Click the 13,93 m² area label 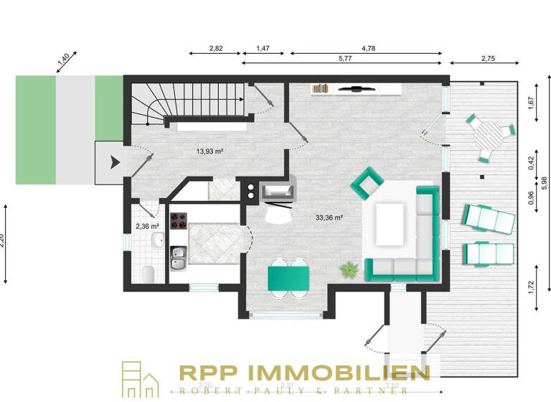click(x=210, y=151)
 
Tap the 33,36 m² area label click(x=329, y=217)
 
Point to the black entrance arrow click(x=113, y=162)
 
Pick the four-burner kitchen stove click(x=178, y=219)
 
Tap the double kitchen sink click(x=178, y=258)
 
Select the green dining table click(x=288, y=278)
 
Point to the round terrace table click(x=490, y=134)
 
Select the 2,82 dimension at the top click(x=216, y=48)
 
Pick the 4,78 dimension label click(x=369, y=48)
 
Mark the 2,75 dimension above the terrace click(x=489, y=57)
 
